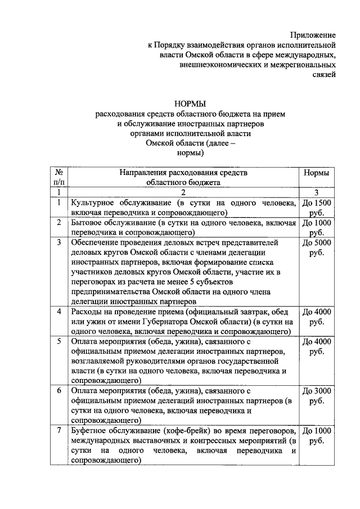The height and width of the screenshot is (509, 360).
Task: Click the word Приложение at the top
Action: pyautogui.click(x=313, y=35)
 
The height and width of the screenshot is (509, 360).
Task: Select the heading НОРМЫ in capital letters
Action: pyautogui.click(x=191, y=103)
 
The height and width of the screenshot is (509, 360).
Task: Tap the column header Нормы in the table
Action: pyautogui.click(x=316, y=173)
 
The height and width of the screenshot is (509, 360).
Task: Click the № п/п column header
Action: pyautogui.click(x=58, y=178)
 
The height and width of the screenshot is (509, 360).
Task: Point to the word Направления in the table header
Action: pyautogui.click(x=145, y=173)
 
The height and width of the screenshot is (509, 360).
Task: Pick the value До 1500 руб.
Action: pyautogui.click(x=316, y=208)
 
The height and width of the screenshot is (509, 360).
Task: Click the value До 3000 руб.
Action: pyautogui.click(x=316, y=396)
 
